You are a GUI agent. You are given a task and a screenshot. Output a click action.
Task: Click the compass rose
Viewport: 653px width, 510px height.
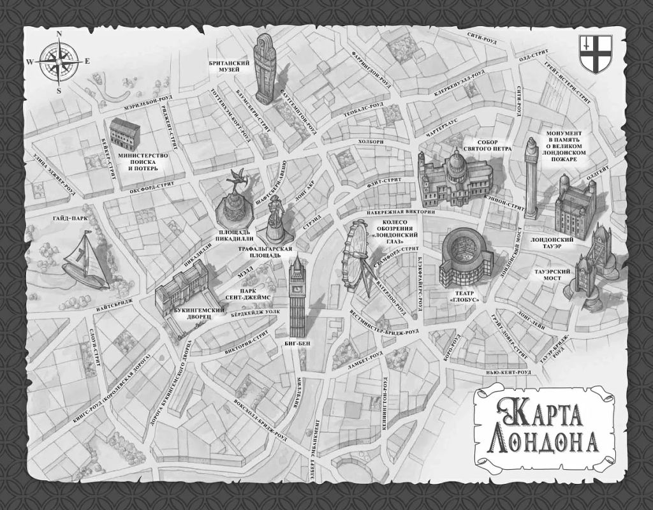tap(59, 62)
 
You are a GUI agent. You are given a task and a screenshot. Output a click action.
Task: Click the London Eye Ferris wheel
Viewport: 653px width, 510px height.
tap(357, 255)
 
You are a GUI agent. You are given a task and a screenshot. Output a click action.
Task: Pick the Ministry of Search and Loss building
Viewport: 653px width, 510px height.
tap(124, 134)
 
